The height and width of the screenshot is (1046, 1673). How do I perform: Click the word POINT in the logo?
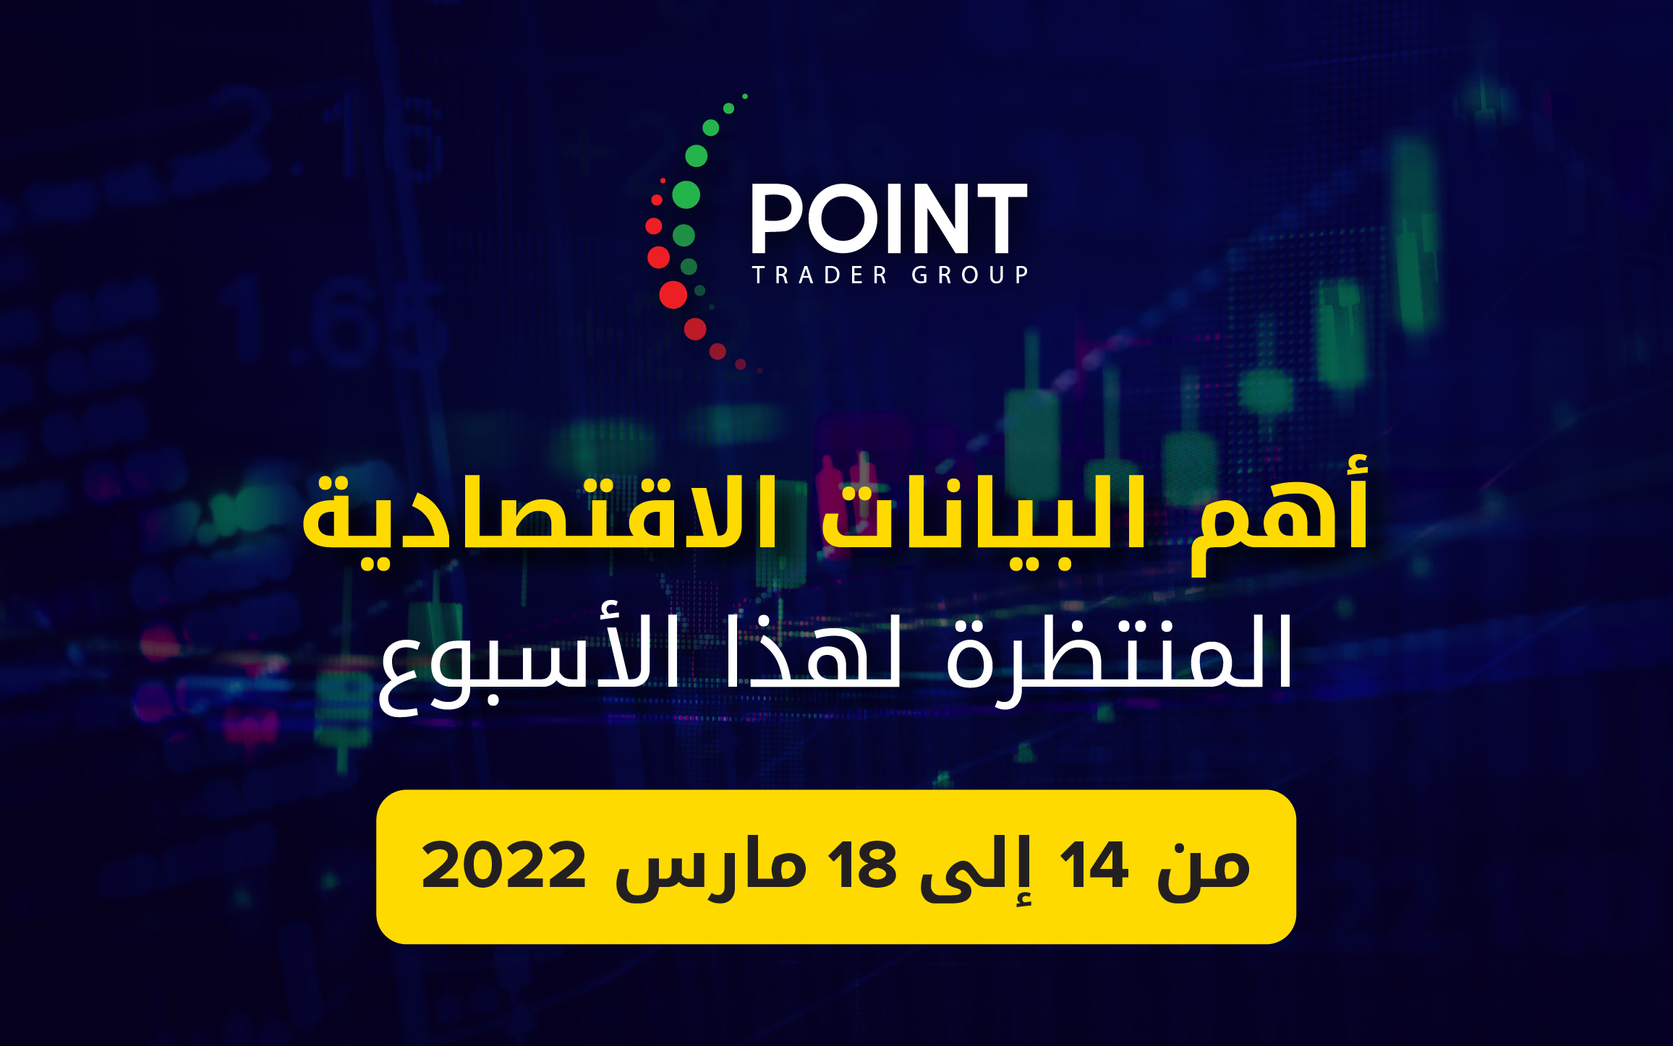pyautogui.click(x=890, y=218)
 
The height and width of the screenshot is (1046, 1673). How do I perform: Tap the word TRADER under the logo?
pyautogui.click(x=820, y=275)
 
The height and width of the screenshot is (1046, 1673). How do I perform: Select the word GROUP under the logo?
pyautogui.click(x=970, y=275)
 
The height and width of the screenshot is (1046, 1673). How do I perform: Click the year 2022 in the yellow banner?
pyautogui.click(x=503, y=865)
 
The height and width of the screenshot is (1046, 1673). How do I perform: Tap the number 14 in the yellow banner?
pyautogui.click(x=1093, y=865)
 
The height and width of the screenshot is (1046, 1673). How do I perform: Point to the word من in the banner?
pyautogui.click(x=1204, y=870)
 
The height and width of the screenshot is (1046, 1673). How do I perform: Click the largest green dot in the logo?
pyautogui.click(x=686, y=194)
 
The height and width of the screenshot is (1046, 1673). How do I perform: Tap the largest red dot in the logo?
pyautogui.click(x=673, y=295)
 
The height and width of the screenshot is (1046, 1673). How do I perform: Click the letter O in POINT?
pyautogui.click(x=842, y=218)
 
